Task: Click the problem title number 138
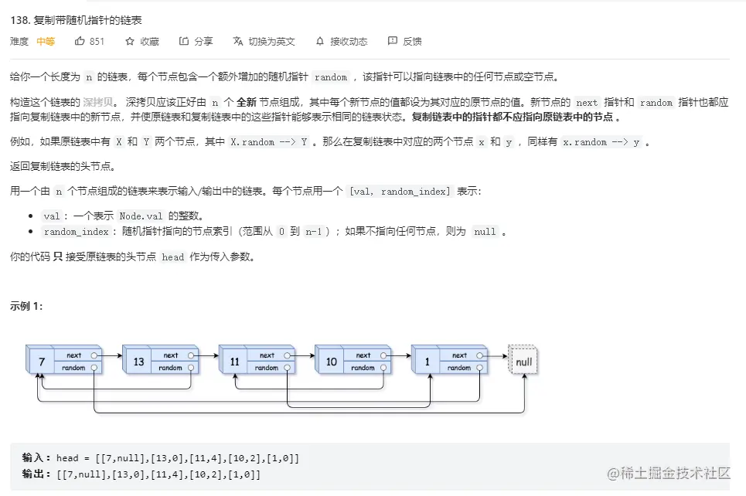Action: [x=20, y=20]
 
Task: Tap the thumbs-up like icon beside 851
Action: [x=80, y=41]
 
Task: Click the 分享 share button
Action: [x=184, y=41]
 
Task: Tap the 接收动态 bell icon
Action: [x=320, y=41]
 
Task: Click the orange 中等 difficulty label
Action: [x=46, y=42]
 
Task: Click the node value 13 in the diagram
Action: [x=138, y=362]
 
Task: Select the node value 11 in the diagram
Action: [x=233, y=362]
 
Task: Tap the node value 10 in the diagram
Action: [x=331, y=362]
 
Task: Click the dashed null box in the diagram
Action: [x=523, y=361]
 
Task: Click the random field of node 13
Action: [x=170, y=368]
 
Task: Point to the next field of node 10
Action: [x=363, y=355]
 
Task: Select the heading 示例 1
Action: [x=26, y=306]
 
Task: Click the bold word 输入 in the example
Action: [x=36, y=458]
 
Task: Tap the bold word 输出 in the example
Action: [x=36, y=474]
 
